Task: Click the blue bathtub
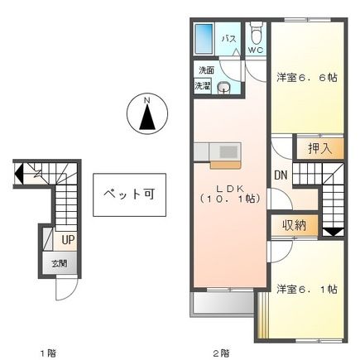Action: (x=203, y=40)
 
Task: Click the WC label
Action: (x=255, y=50)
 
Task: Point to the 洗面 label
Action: (x=204, y=71)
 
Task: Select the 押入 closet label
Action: (x=319, y=149)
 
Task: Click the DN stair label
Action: (x=281, y=175)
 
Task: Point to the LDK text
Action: (x=228, y=187)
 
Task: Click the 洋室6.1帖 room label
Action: (x=307, y=289)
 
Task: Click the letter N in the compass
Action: (x=146, y=103)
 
